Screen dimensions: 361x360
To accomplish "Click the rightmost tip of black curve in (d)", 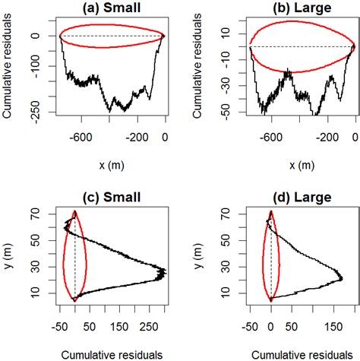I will tap(342, 280).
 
